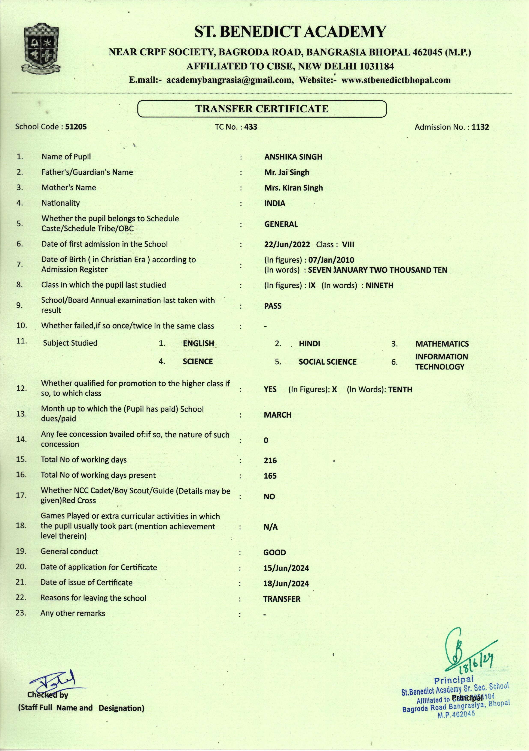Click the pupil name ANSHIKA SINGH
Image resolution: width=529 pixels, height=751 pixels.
(x=293, y=157)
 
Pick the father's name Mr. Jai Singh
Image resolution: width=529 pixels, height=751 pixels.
(x=287, y=172)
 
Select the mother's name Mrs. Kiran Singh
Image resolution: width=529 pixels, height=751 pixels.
(x=294, y=188)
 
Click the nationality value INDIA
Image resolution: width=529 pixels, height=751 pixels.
(x=274, y=203)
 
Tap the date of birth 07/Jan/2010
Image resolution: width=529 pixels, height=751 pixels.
(x=331, y=260)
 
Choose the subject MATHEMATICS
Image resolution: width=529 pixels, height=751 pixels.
(x=442, y=344)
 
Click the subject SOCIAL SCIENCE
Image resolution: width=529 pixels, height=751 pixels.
(x=327, y=362)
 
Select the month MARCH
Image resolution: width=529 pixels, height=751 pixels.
(x=277, y=415)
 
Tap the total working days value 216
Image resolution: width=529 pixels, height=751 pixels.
(x=270, y=461)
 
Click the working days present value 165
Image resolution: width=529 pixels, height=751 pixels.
(x=270, y=476)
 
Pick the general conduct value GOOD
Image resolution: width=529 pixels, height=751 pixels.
(x=274, y=553)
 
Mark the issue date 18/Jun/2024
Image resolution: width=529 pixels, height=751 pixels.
(x=286, y=584)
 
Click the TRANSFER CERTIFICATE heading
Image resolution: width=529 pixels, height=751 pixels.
(x=262, y=109)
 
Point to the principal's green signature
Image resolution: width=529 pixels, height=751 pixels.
(x=457, y=648)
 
